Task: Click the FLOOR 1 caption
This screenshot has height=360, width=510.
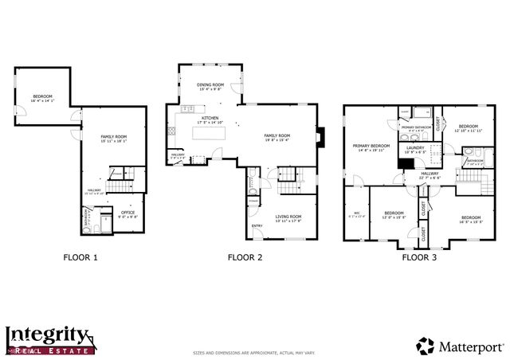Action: click(80, 257)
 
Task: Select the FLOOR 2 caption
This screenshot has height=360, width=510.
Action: click(245, 257)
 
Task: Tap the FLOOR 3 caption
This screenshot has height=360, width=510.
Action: click(419, 257)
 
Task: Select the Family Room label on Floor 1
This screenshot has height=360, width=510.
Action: click(114, 138)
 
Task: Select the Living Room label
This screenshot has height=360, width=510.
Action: click(288, 217)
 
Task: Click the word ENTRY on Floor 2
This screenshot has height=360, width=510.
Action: click(257, 225)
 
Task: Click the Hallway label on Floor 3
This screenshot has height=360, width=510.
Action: click(430, 174)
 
